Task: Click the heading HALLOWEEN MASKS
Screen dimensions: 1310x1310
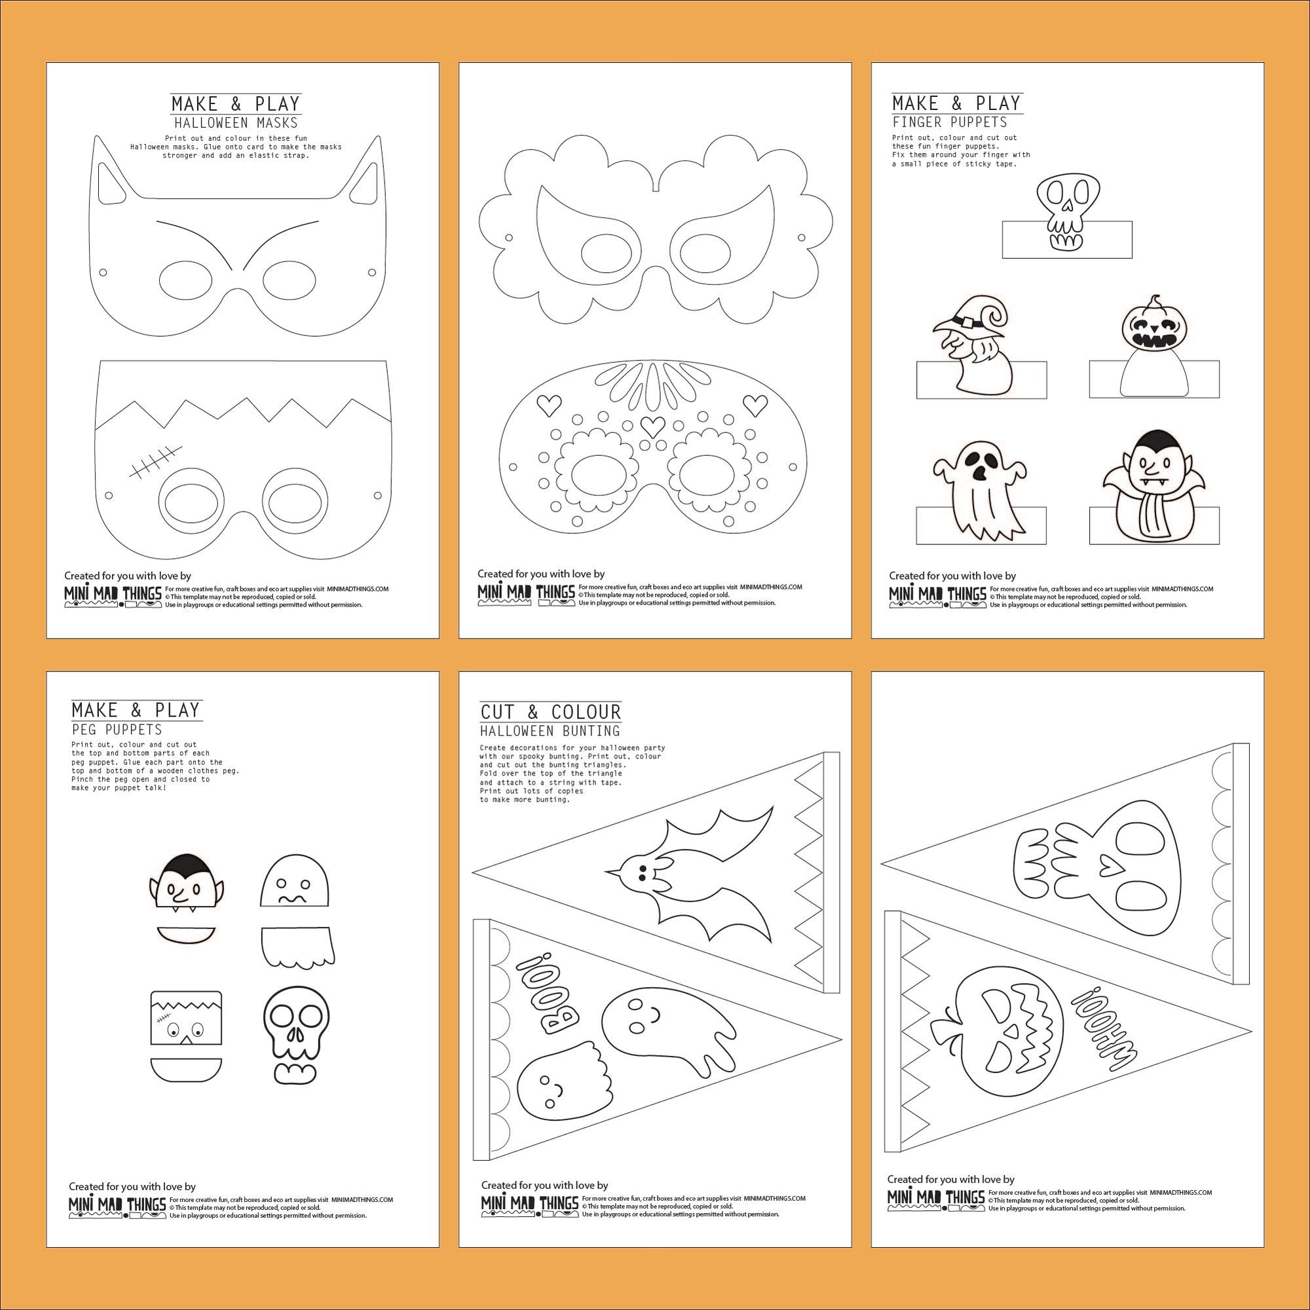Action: tap(235, 122)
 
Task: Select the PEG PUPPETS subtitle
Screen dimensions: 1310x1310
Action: tap(117, 730)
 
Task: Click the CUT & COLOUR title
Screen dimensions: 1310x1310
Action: tap(551, 712)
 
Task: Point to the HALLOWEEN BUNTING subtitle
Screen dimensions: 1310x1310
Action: tap(550, 731)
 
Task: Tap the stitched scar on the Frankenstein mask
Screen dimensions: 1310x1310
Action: tap(151, 462)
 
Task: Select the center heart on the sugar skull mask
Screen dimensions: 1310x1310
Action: tap(652, 425)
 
